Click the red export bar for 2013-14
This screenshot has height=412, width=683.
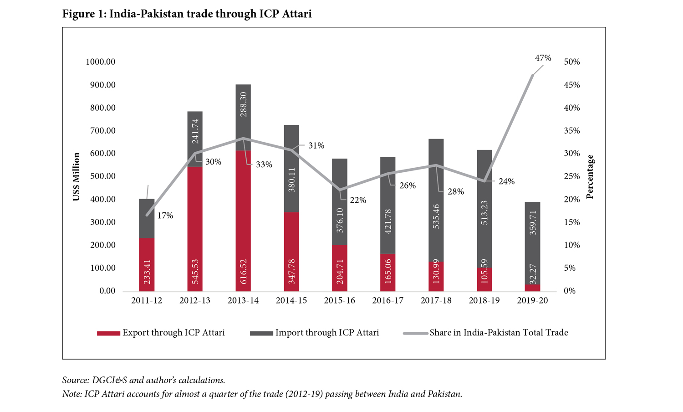(243, 221)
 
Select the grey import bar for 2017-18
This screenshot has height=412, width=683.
(436, 201)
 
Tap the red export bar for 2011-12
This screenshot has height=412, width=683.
(147, 264)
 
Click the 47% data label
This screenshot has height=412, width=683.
(543, 58)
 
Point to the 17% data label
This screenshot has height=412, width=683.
(165, 216)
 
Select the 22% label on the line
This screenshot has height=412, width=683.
(358, 200)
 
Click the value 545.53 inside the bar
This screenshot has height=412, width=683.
(195, 272)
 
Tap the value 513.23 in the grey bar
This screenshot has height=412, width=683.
(484, 212)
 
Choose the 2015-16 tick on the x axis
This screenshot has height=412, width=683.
(339, 301)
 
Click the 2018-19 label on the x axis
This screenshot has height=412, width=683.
(484, 301)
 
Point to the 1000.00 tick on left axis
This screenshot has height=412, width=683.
(101, 62)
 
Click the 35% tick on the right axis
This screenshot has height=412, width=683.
(572, 131)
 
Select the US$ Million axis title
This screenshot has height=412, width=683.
(76, 176)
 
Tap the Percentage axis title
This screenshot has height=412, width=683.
(590, 177)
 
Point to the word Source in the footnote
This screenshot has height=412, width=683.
(75, 380)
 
